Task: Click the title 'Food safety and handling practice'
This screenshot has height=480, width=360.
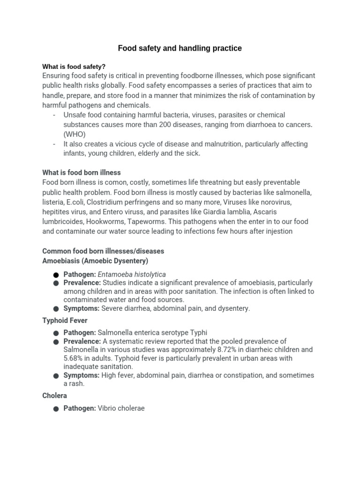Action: [x=180, y=48]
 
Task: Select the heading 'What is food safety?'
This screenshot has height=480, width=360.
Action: [x=74, y=67]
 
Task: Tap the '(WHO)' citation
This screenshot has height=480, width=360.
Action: [x=75, y=134]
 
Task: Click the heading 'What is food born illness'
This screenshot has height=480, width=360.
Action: [x=82, y=172]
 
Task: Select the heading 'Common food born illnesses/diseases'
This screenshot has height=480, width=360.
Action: [x=103, y=251]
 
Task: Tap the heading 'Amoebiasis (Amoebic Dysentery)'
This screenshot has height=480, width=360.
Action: [x=95, y=261]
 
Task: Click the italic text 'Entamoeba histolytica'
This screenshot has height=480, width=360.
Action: [x=132, y=274]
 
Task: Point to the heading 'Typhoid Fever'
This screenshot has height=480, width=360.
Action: [x=65, y=321]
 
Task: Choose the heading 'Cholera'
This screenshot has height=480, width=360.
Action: [x=54, y=396]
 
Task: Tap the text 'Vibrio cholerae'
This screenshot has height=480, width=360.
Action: [x=121, y=408]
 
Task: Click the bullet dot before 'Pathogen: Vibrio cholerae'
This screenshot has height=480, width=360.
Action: [x=56, y=409]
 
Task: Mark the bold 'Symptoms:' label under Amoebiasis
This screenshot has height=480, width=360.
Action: [x=81, y=308]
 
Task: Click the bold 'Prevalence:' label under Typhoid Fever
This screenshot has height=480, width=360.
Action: [x=82, y=341]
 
